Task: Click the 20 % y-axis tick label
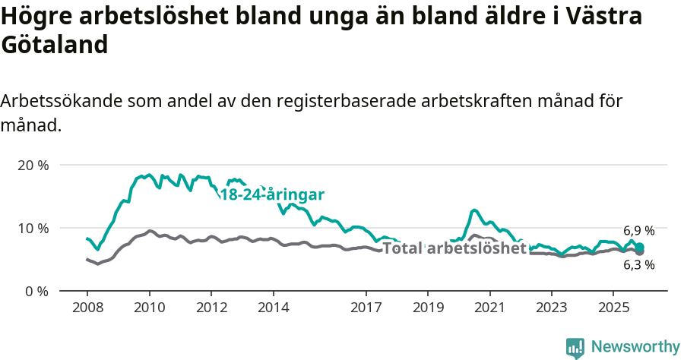33,165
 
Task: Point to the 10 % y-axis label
33,228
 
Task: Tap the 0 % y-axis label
36,291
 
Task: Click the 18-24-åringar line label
272,194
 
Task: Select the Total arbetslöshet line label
454,248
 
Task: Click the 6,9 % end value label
638,230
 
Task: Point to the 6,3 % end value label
638,265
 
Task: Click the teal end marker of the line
640,247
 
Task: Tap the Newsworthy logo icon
575,347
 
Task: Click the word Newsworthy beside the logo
635,347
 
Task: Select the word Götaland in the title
55,46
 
